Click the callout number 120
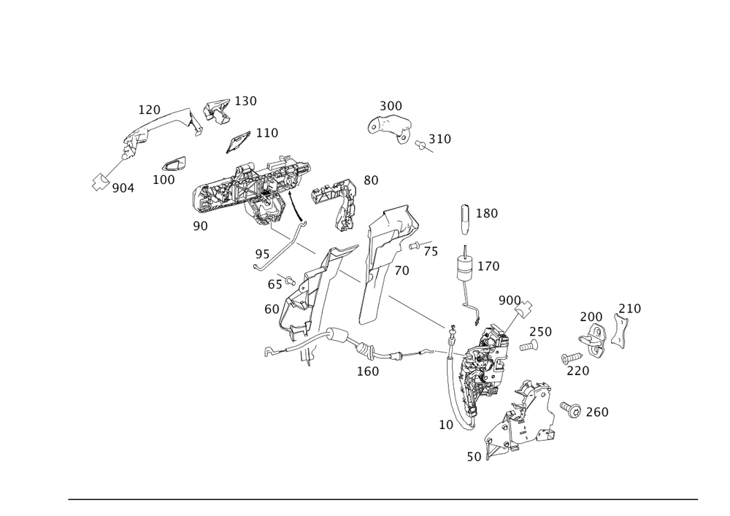click(x=150, y=109)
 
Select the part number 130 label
click(x=245, y=101)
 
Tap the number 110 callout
click(x=266, y=133)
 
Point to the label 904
click(x=123, y=189)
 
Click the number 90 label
click(x=200, y=226)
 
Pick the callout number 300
click(x=391, y=106)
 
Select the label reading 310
click(x=439, y=138)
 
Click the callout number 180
click(x=487, y=213)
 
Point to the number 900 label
click(x=509, y=301)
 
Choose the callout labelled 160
click(x=367, y=371)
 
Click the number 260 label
click(x=597, y=412)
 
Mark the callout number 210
click(x=629, y=309)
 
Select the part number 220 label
click(x=578, y=370)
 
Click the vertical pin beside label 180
click(x=463, y=216)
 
